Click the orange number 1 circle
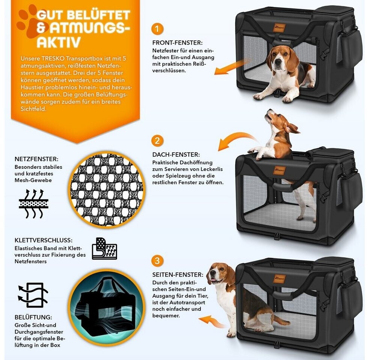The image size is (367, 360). (x=157, y=29)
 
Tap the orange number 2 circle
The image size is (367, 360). (x=157, y=141)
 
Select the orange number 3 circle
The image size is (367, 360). (x=157, y=260)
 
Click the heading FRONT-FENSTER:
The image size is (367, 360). (x=177, y=43)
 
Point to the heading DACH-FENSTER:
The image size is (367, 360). (x=176, y=154)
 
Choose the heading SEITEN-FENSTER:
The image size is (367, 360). (x=178, y=274)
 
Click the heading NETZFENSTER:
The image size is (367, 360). (x=36, y=159)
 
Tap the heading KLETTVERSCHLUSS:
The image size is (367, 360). (x=44, y=240)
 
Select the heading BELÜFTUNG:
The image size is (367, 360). (x=33, y=317)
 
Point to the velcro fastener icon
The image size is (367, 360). (x=104, y=249)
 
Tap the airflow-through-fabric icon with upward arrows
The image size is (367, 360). (x=33, y=204)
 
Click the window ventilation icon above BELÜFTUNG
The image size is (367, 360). (x=33, y=295)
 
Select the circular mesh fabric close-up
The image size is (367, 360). (x=107, y=189)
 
